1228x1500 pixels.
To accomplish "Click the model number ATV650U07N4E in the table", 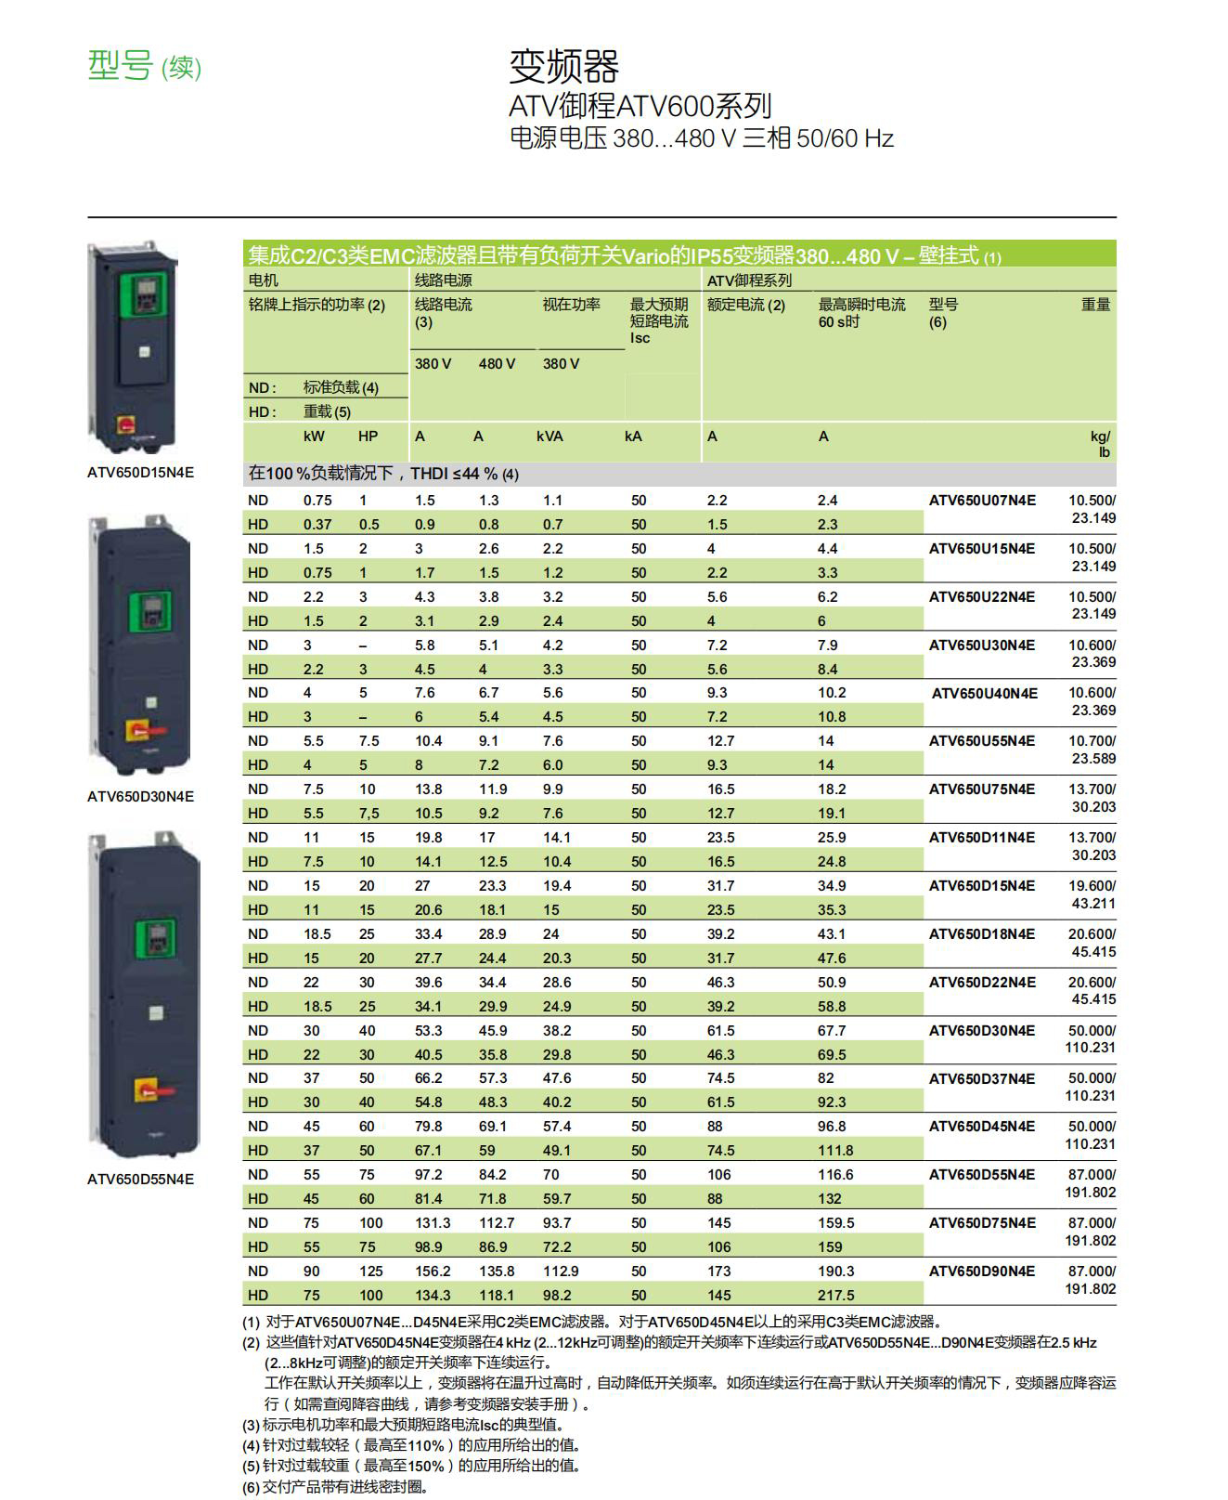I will pyautogui.click(x=981, y=501).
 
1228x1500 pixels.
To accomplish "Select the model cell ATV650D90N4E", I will pyautogui.click(x=981, y=1272).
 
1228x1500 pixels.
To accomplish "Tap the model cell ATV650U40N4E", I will pyautogui.click(x=984, y=694).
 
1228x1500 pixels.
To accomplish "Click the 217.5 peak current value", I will pyautogui.click(x=835, y=1296).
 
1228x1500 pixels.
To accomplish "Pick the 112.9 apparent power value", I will pyautogui.click(x=560, y=1272).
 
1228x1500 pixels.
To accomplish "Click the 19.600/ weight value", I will pyautogui.click(x=1092, y=886).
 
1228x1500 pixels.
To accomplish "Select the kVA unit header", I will pyautogui.click(x=549, y=437).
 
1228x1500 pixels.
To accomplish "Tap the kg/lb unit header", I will pyautogui.click(x=1100, y=444).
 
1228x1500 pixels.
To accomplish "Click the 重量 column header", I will pyautogui.click(x=1095, y=305).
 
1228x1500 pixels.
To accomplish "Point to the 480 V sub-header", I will pyautogui.click(x=497, y=364).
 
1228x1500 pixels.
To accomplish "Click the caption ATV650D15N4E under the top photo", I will pyautogui.click(x=141, y=473).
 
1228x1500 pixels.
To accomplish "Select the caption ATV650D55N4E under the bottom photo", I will pyautogui.click(x=141, y=1180).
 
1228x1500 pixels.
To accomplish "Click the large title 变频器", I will pyautogui.click(x=563, y=66).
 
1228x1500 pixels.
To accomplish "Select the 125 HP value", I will pyautogui.click(x=370, y=1272).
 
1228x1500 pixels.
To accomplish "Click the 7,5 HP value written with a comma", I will pyautogui.click(x=368, y=814).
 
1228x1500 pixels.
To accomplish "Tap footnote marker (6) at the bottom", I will pyautogui.click(x=251, y=1488).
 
